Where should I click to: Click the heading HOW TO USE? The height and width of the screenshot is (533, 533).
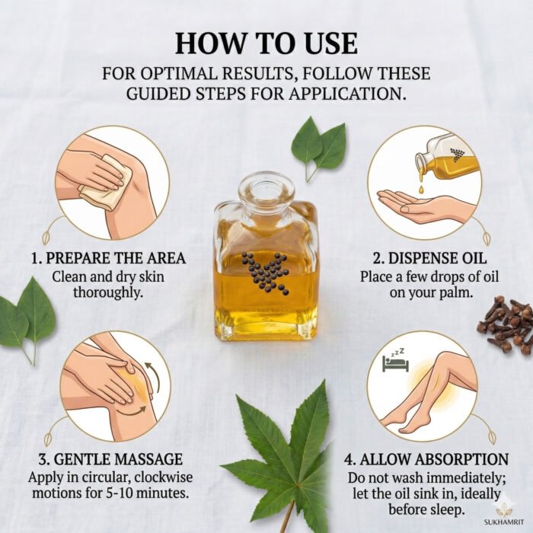[266, 44]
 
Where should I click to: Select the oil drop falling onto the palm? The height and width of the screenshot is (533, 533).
[422, 189]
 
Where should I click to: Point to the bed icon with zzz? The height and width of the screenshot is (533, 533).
[395, 362]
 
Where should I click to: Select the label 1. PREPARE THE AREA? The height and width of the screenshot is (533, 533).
[108, 257]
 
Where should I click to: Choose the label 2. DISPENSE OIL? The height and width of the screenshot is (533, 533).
[429, 258]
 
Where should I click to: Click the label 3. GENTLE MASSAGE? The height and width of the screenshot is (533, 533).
[110, 459]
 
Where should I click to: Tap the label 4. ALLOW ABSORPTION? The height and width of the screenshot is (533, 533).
[426, 459]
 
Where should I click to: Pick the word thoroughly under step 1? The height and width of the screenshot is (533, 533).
[108, 292]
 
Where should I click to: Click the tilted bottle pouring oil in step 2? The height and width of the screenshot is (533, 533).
[447, 157]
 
